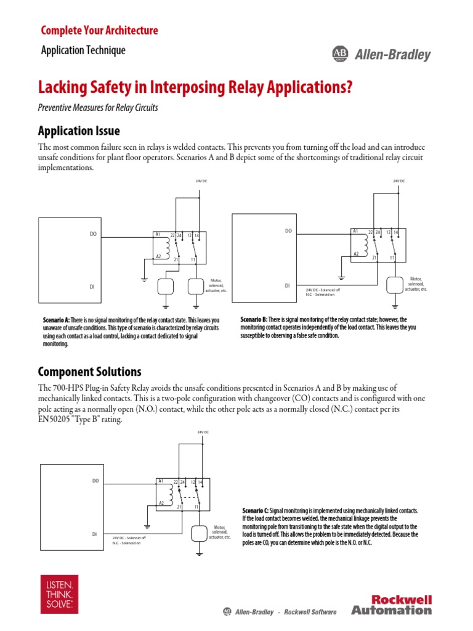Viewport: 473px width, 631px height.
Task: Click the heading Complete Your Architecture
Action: tap(99, 30)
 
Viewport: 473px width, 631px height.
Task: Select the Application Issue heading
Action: tap(79, 131)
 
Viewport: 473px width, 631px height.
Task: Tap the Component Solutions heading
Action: tap(89, 372)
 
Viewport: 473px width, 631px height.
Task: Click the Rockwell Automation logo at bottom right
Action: tap(392, 605)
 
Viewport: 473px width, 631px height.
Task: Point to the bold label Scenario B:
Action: tap(253, 320)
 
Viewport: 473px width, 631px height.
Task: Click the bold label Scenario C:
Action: tap(256, 511)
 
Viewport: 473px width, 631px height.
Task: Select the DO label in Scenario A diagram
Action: tap(93, 234)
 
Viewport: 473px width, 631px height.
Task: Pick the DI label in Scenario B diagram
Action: tap(287, 285)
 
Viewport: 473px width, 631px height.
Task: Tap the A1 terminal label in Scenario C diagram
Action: tap(160, 480)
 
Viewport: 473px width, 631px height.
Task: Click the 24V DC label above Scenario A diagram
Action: tap(199, 181)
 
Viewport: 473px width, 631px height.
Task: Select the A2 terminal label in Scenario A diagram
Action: tap(158, 256)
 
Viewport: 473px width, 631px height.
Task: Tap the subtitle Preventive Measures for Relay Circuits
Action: tap(98, 108)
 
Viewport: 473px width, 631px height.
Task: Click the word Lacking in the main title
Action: tap(63, 88)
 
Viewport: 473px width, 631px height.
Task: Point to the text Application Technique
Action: tap(83, 51)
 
